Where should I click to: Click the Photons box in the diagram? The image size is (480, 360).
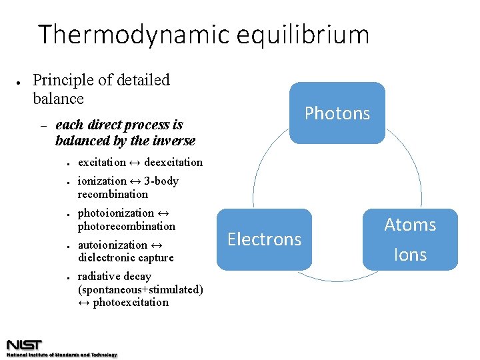(337, 113)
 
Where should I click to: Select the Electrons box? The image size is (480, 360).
(264, 239)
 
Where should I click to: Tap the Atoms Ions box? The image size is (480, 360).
(410, 239)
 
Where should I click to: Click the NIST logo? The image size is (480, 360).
(24, 345)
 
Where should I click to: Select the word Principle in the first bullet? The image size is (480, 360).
(63, 81)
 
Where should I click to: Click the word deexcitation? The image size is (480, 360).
(173, 162)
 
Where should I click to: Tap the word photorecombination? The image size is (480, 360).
(127, 226)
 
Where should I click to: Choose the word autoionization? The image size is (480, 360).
(113, 245)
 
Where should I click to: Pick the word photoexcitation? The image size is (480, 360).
(131, 302)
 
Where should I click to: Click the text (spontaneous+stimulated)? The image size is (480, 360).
(141, 289)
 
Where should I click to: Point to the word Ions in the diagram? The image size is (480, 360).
(410, 255)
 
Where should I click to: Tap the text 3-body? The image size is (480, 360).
(161, 181)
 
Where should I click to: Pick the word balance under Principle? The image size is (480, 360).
(59, 99)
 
